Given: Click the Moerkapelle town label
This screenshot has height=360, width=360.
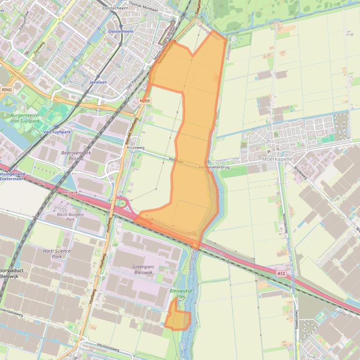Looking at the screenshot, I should (x=277, y=159).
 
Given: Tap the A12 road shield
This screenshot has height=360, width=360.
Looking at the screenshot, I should (x=281, y=274).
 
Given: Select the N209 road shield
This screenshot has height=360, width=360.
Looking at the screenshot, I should (x=145, y=101).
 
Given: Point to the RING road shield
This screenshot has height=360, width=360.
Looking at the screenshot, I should (x=7, y=90).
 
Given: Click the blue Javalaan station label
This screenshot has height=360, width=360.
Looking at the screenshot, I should (x=98, y=82).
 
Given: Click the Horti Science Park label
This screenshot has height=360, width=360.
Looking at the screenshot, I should (x=57, y=254).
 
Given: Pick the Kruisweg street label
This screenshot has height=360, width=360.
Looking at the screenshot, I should (x=135, y=147).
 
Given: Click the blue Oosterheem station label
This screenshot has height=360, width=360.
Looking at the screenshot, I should (x=121, y=31).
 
